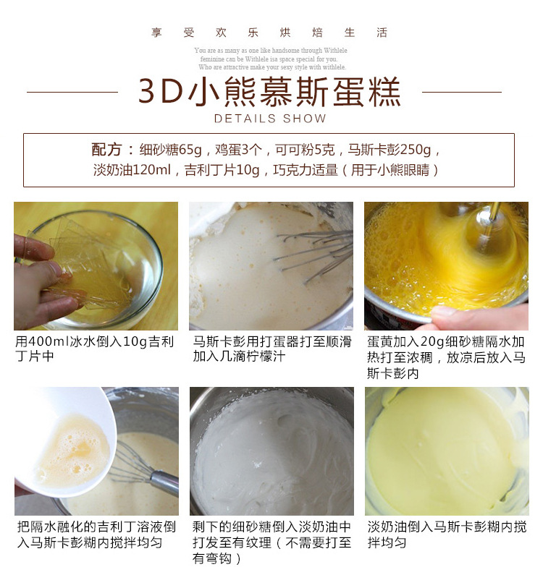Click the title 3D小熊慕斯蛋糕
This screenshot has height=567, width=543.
point(269,92)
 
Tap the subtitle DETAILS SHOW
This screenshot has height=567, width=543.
point(270,119)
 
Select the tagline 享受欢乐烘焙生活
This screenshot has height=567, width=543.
point(269,33)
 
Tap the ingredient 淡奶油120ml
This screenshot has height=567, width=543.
point(132,170)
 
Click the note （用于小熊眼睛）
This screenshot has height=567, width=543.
point(390,170)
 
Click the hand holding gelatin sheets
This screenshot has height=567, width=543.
point(40,282)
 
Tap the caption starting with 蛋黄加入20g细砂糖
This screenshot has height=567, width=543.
point(446,357)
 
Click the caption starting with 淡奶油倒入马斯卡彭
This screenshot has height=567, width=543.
point(446,534)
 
